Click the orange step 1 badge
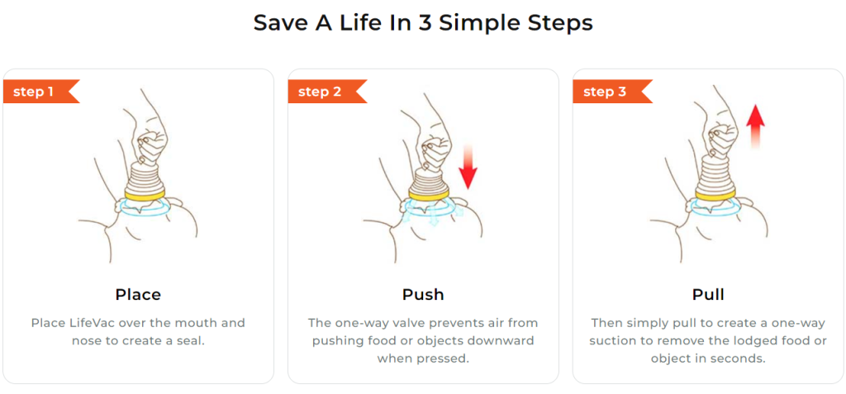point(41,91)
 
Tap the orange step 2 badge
point(327,91)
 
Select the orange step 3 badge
point(612,91)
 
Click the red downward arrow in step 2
point(468,166)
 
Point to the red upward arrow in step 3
point(755,126)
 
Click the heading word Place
point(138,295)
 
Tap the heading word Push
point(423,295)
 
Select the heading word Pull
point(708,295)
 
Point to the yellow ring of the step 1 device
point(143,194)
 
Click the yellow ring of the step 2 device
point(428,194)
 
